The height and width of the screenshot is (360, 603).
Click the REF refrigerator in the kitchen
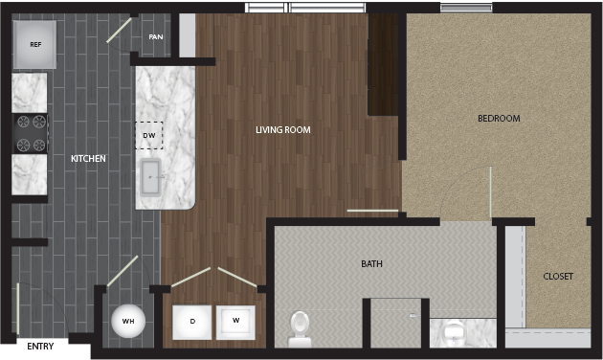[34, 45]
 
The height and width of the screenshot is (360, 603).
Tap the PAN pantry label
[156, 37]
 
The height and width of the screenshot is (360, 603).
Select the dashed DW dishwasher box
[148, 135]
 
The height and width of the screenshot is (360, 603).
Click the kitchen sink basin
[150, 177]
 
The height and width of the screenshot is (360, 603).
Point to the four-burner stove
[31, 133]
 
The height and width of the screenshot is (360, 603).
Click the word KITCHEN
[88, 159]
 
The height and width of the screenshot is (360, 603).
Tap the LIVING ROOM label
[283, 130]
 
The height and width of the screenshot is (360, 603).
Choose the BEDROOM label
[499, 119]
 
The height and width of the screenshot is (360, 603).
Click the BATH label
[371, 264]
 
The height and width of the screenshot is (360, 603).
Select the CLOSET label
[558, 276]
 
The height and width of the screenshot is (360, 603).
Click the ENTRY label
[40, 347]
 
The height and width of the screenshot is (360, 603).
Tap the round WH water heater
[128, 321]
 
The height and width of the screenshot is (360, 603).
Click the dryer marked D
[191, 323]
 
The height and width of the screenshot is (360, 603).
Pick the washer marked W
[235, 323]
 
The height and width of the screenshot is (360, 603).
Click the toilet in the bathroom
[300, 329]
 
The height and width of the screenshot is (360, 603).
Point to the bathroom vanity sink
[455, 331]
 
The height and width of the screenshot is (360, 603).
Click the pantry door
[119, 30]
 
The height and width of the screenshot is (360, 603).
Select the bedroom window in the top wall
[466, 8]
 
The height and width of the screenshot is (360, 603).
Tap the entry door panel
[17, 309]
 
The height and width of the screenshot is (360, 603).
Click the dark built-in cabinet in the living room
[383, 64]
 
